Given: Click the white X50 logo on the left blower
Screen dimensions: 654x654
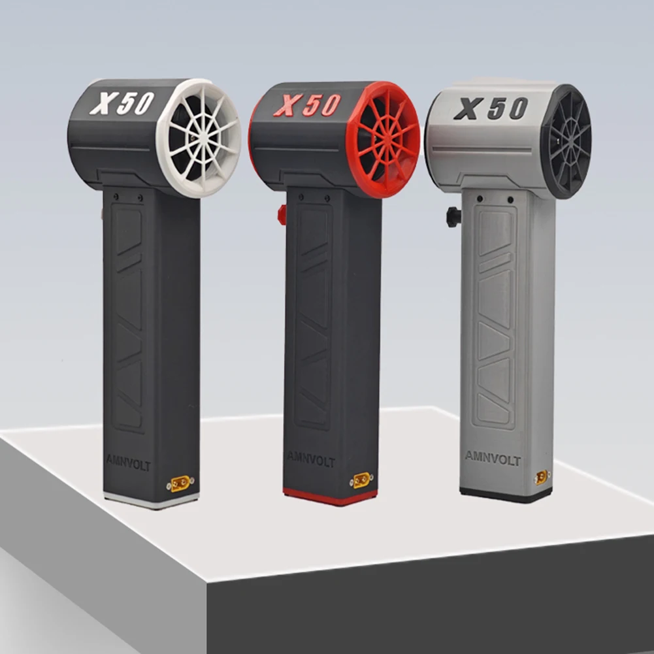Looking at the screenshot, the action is [122, 103].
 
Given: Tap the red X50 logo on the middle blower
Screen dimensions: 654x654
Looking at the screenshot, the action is [307, 105].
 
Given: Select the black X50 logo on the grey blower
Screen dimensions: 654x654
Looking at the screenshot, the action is [491, 108].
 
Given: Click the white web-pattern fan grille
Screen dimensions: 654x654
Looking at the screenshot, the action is [199, 138].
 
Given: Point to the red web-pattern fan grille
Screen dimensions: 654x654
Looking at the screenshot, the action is [383, 139].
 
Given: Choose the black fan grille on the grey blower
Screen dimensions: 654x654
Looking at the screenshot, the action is [566, 142].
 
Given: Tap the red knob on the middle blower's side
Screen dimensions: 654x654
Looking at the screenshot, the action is [282, 214].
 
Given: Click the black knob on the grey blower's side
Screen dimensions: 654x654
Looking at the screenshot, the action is [453, 216].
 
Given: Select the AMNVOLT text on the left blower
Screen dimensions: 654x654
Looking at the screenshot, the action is [128, 463].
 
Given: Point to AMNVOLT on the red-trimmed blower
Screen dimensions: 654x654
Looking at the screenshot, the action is [311, 459].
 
